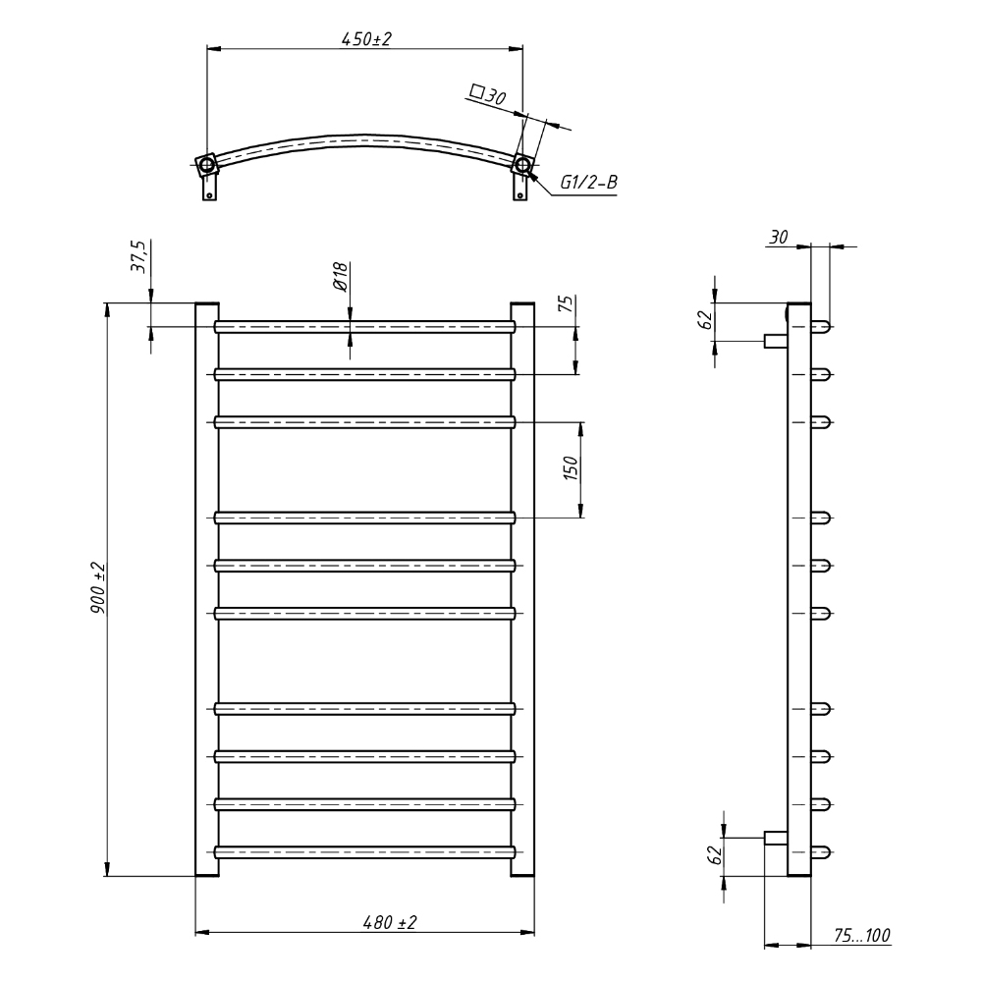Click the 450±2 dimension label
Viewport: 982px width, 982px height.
click(x=366, y=39)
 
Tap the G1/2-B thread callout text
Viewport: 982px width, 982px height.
click(x=588, y=183)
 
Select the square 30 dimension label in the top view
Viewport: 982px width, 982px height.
click(x=487, y=95)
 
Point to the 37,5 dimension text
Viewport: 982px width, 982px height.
click(x=138, y=256)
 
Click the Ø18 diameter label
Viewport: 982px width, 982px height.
click(x=340, y=277)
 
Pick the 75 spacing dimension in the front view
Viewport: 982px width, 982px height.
click(x=566, y=303)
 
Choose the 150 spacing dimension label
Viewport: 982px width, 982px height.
click(x=572, y=468)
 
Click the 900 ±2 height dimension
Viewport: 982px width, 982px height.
click(x=99, y=587)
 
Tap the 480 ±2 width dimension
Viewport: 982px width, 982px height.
click(x=390, y=922)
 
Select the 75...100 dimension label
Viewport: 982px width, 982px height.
click(x=862, y=936)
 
